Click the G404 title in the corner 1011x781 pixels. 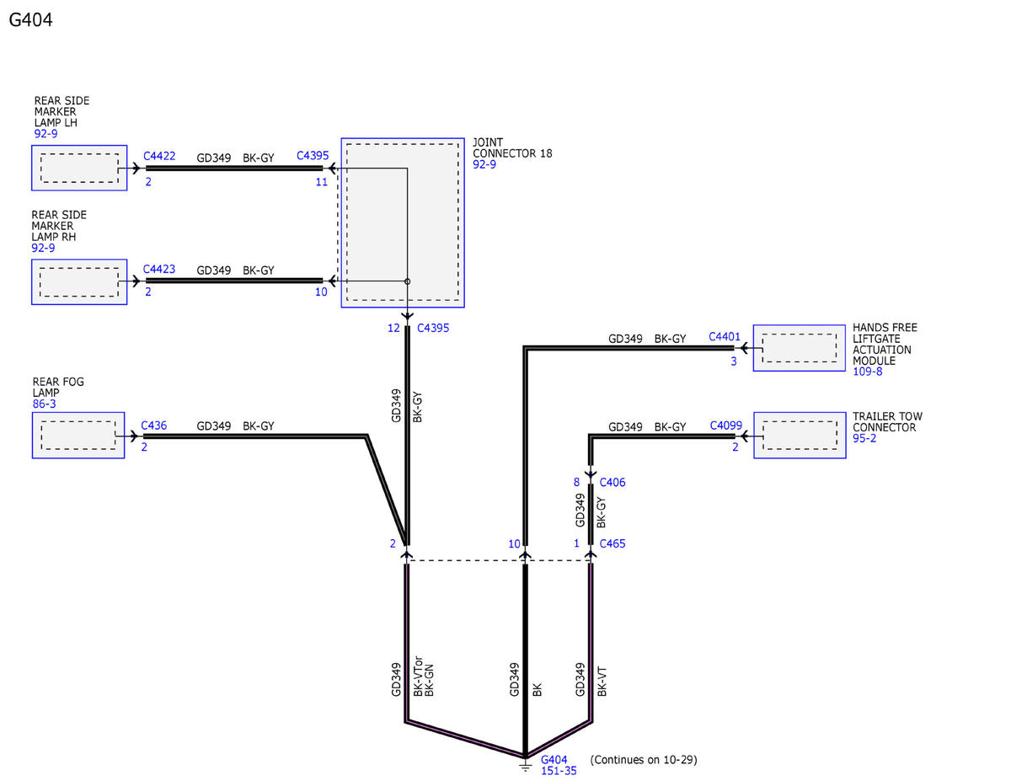pos(30,20)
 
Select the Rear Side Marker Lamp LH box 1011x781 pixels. pos(79,168)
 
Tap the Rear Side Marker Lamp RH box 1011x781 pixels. pos(79,282)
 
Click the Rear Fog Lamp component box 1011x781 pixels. pos(78,436)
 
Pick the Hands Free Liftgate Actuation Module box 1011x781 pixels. pos(799,348)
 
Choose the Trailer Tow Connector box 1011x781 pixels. pos(800,436)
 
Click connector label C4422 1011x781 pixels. pos(159,156)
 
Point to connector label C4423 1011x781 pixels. pos(159,270)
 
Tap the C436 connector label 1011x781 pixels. pos(153,425)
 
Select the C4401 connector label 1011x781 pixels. pos(724,337)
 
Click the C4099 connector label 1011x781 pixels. pos(725,425)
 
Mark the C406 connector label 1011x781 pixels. pos(612,483)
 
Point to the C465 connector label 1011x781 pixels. pos(612,543)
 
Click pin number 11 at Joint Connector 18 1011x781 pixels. pos(322,182)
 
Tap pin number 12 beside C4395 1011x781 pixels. pos(393,329)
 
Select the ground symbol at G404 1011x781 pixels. pos(525,766)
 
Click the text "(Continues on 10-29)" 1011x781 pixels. pos(644,760)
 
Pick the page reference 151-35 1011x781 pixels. pos(559,771)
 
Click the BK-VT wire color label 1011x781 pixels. pos(602,682)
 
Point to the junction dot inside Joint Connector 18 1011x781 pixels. pos(407,281)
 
